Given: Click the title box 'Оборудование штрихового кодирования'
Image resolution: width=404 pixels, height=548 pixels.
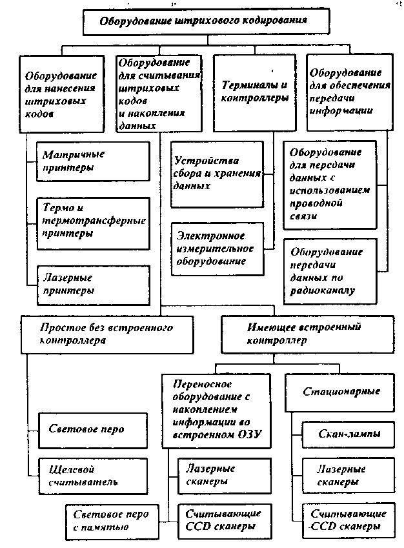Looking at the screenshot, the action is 206,22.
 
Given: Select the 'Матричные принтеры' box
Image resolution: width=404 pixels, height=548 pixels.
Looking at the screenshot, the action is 94,161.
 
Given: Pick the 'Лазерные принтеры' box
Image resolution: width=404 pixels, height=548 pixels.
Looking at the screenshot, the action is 94,285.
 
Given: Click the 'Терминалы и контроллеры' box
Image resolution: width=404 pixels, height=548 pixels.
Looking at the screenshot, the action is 255,93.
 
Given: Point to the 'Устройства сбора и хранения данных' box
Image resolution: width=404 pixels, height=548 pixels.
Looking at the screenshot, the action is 217,174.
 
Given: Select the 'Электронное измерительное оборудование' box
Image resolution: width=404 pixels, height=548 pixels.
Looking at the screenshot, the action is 217,249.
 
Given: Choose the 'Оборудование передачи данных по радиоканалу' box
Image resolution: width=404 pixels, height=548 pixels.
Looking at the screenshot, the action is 330,272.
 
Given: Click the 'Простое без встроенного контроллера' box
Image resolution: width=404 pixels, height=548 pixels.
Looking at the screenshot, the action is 107,334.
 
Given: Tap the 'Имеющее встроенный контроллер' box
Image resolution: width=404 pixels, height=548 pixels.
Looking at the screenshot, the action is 308,334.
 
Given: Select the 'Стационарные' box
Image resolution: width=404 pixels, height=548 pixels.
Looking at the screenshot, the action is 339,392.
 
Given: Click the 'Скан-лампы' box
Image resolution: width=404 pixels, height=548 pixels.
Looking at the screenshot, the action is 348,434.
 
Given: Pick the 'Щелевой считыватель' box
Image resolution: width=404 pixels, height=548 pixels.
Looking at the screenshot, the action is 93,476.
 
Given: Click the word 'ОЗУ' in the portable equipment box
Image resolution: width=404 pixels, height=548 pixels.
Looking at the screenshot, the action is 250,434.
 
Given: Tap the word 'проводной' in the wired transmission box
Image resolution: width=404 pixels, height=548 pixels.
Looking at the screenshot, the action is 316,203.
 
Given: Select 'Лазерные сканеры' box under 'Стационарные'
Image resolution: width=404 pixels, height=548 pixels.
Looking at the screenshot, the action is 348,475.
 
